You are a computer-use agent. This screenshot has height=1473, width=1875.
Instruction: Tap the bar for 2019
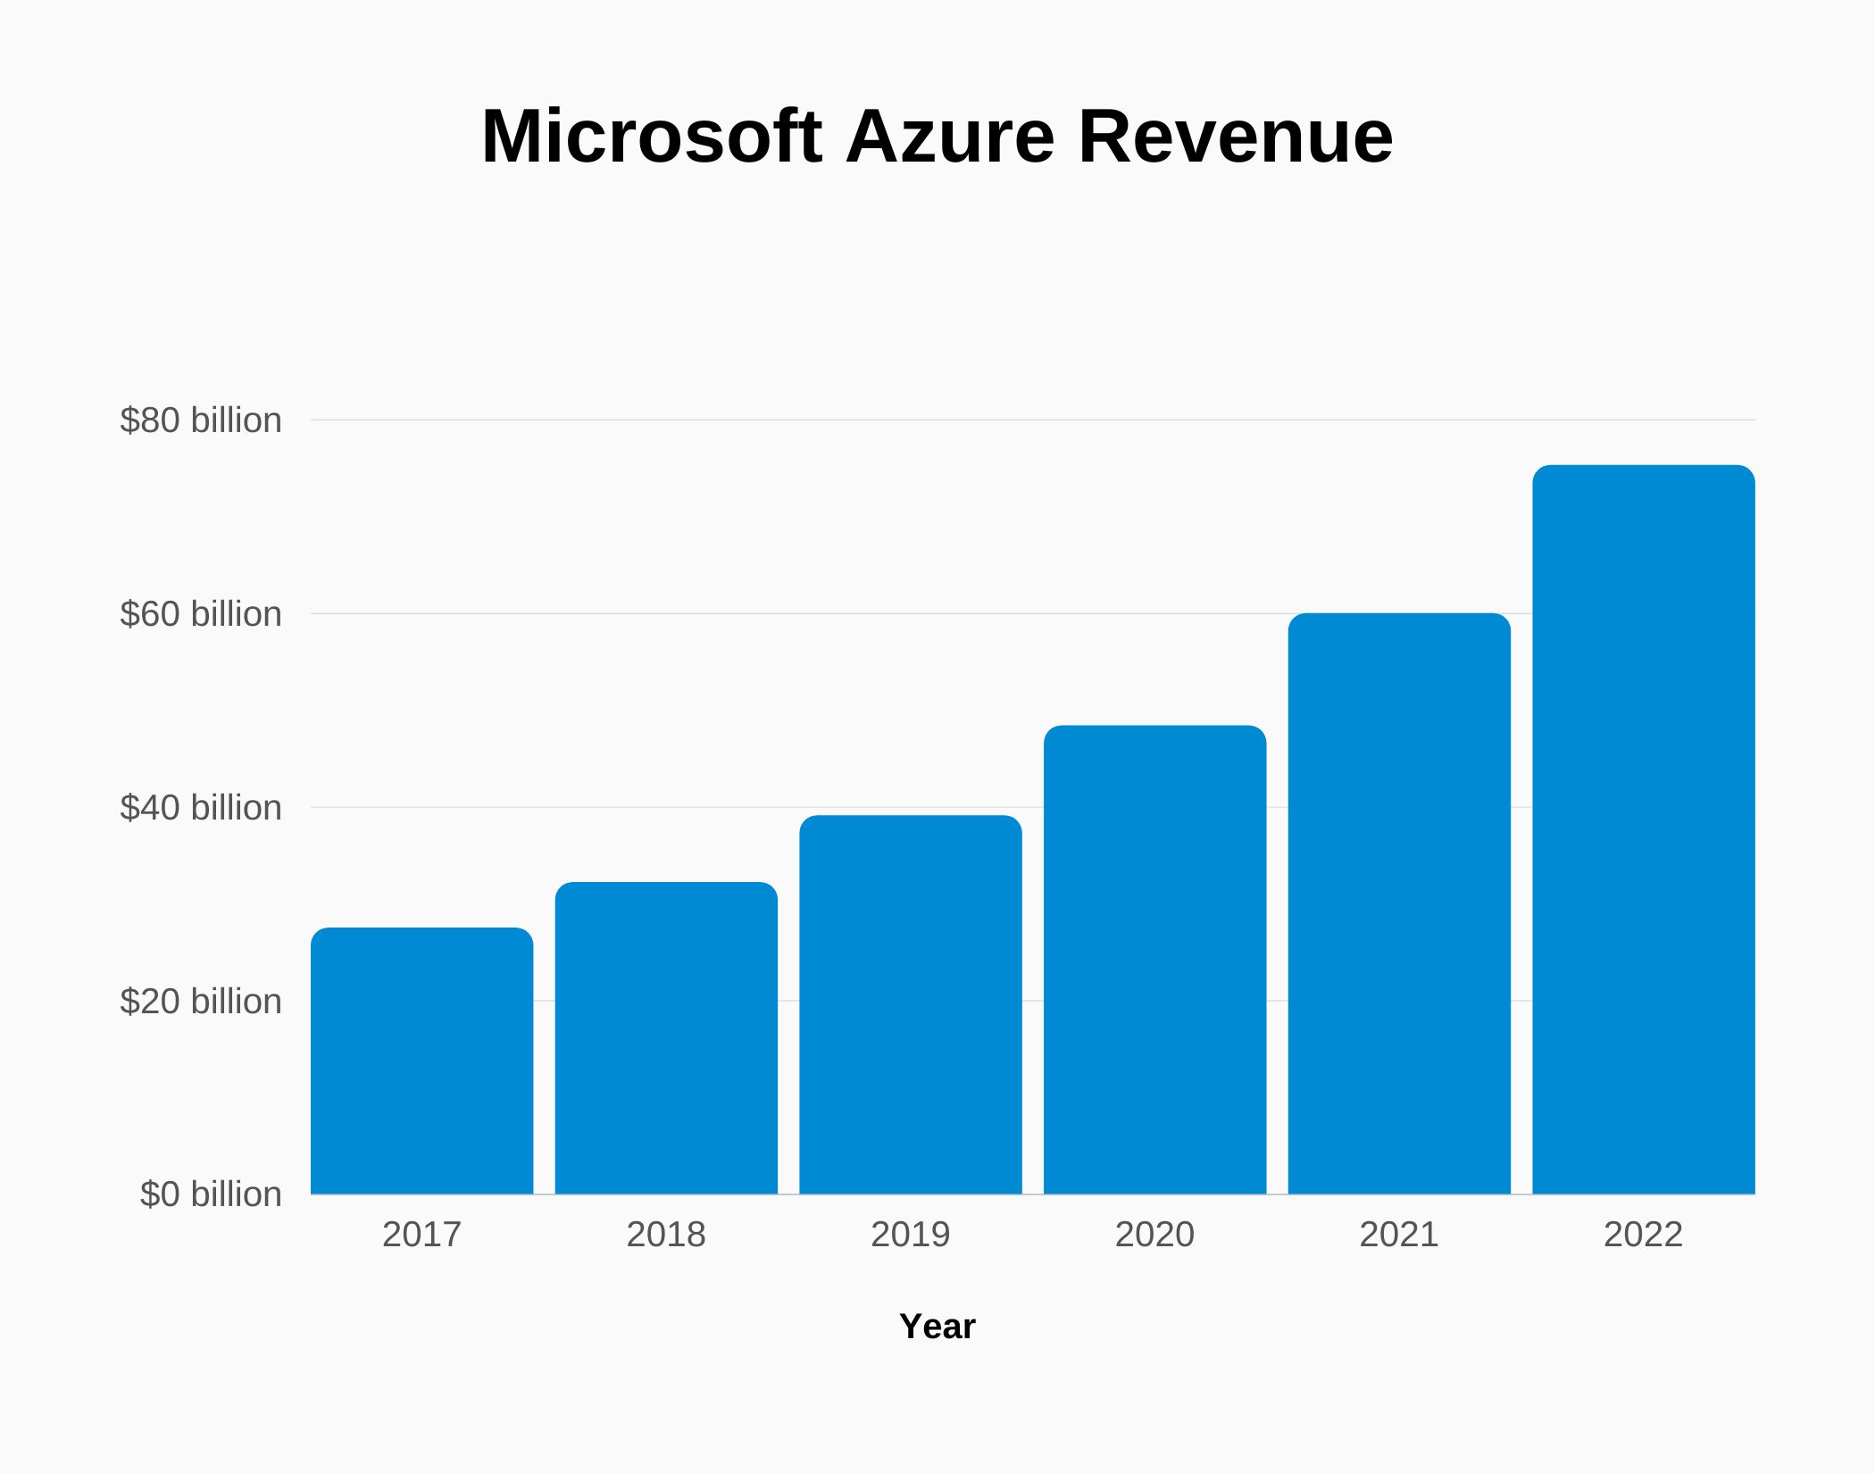pyautogui.click(x=910, y=1004)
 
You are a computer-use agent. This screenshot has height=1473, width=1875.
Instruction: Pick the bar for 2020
pyautogui.click(x=1154, y=960)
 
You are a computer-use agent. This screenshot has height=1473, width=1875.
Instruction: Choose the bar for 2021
pyautogui.click(x=1399, y=903)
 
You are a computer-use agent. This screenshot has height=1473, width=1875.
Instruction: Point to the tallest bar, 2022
pyautogui.click(x=1643, y=829)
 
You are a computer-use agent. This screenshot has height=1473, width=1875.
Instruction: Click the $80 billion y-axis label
pyautogui.click(x=201, y=420)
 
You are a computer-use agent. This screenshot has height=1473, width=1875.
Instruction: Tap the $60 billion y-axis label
pyautogui.click(x=201, y=614)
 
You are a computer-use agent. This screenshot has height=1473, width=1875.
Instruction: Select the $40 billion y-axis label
pyautogui.click(x=201, y=808)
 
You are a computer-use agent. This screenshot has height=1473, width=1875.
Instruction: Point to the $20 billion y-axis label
pyautogui.click(x=201, y=1002)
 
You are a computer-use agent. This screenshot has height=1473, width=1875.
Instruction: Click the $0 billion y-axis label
pyautogui.click(x=211, y=1194)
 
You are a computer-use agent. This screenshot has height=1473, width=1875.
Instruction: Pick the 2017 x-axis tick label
pyautogui.click(x=421, y=1235)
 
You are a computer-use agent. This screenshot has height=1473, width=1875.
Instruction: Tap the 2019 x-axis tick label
pyautogui.click(x=910, y=1235)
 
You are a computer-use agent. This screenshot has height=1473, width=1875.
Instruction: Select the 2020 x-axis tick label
pyautogui.click(x=1154, y=1235)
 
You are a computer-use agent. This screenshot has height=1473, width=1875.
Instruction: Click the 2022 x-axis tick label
pyautogui.click(x=1643, y=1235)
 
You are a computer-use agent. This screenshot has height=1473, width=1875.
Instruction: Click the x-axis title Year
pyautogui.click(x=937, y=1327)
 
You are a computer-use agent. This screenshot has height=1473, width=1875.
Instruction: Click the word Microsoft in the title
pyautogui.click(x=651, y=137)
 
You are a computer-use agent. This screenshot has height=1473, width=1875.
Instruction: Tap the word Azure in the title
pyautogui.click(x=949, y=137)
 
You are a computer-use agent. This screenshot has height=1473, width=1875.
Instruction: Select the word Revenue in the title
pyautogui.click(x=1235, y=137)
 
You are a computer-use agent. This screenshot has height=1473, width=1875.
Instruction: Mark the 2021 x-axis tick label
pyautogui.click(x=1399, y=1235)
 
